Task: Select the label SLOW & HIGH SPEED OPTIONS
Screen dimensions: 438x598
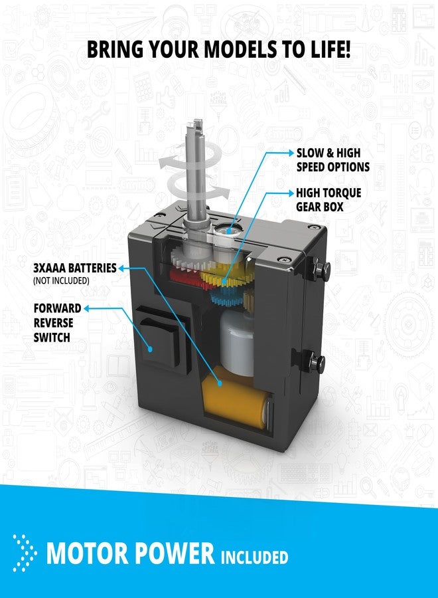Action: [333, 160]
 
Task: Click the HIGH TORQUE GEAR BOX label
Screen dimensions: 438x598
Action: [328, 200]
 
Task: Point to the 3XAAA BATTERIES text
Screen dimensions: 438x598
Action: [74, 268]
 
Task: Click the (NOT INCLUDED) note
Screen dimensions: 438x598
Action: [61, 280]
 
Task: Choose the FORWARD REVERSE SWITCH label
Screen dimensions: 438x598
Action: [57, 323]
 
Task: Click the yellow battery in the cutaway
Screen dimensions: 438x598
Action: [236, 400]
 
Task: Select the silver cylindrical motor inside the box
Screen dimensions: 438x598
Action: [237, 342]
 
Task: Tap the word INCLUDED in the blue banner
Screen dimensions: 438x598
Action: [254, 557]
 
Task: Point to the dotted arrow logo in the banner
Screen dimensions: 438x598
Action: [24, 553]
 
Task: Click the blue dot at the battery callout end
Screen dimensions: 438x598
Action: [220, 383]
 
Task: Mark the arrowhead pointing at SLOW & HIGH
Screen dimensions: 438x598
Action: [291, 153]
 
